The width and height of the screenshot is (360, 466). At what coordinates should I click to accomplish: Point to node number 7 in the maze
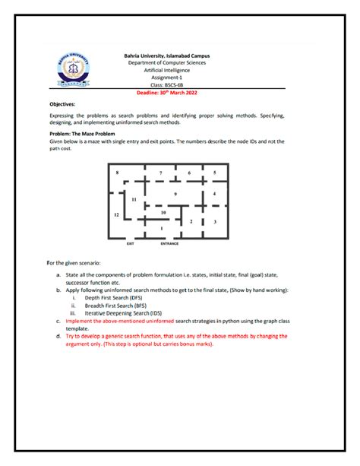click(x=160, y=174)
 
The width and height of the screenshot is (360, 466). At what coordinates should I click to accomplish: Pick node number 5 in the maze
click(x=215, y=173)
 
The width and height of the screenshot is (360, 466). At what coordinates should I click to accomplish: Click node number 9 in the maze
click(x=175, y=195)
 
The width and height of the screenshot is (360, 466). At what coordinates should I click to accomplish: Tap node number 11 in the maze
click(x=134, y=199)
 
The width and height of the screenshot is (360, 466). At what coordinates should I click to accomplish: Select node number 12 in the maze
click(x=116, y=215)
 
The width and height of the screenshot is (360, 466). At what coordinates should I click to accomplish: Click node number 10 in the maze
click(x=163, y=213)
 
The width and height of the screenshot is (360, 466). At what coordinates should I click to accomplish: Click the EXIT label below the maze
click(x=130, y=244)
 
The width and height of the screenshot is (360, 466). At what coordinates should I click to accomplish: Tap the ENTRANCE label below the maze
click(x=169, y=244)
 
